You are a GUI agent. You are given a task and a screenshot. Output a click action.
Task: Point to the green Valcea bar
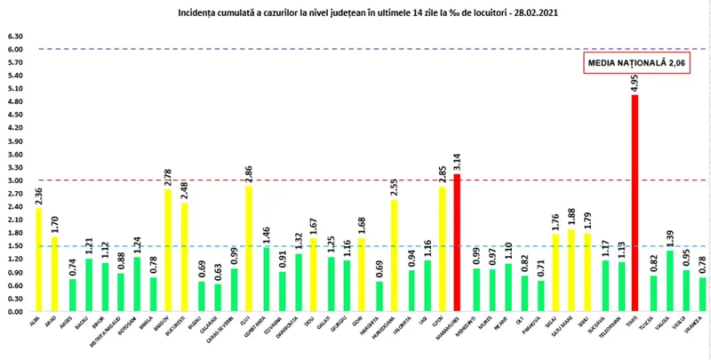point(669,281)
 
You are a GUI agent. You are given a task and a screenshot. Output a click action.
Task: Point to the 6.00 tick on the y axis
point(15,50)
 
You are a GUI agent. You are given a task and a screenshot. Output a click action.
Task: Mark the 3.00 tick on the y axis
point(15,180)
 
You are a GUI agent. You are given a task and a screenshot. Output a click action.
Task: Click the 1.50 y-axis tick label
point(15,246)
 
